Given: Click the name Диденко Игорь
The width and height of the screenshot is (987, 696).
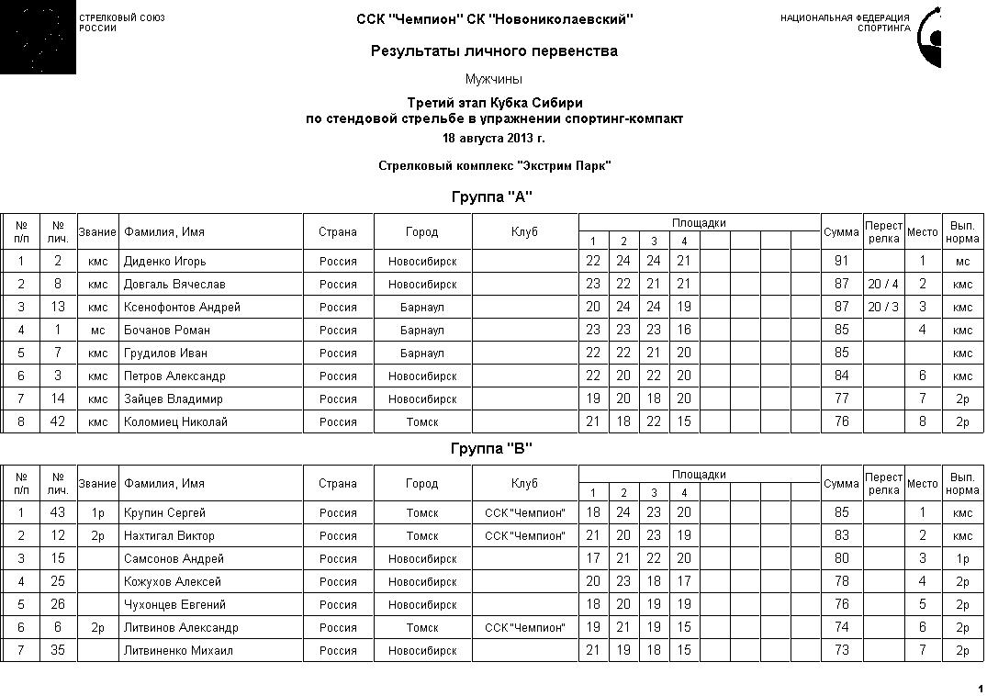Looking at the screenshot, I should [x=165, y=262].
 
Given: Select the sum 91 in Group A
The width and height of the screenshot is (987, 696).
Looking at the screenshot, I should [x=841, y=262].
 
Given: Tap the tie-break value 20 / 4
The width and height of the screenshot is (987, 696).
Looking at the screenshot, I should [x=883, y=285].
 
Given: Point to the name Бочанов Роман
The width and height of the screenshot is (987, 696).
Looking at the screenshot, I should [x=167, y=331].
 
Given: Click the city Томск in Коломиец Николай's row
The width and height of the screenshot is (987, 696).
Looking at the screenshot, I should [x=422, y=422].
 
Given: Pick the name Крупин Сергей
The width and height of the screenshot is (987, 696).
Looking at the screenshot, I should [x=164, y=513].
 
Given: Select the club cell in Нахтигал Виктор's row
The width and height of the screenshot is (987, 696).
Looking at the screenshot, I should [x=524, y=536].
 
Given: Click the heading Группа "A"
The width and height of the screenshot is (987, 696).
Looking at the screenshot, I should [x=492, y=197].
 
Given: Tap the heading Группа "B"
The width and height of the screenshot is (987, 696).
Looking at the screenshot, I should [x=492, y=449].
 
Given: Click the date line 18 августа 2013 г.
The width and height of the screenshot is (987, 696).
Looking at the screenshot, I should [x=493, y=139].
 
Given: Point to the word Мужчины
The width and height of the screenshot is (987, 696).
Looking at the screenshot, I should [x=494, y=80].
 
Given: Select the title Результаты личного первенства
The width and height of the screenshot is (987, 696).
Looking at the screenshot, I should [x=494, y=51].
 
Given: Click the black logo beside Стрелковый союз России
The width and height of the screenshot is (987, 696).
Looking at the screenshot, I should [x=38, y=38].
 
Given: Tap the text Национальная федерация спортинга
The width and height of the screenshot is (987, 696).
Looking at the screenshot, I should [x=845, y=23].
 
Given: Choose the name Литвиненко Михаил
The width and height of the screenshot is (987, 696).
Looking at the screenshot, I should [x=178, y=651].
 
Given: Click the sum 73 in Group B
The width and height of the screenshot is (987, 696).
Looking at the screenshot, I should [x=841, y=651].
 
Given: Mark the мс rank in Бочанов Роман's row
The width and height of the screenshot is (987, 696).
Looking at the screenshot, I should [x=97, y=331].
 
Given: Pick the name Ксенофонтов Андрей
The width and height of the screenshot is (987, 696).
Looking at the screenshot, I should [x=182, y=308].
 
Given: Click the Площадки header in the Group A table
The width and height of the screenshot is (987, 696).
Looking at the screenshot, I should [x=699, y=223].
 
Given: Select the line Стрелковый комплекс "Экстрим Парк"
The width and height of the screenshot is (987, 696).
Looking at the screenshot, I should [x=494, y=166].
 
